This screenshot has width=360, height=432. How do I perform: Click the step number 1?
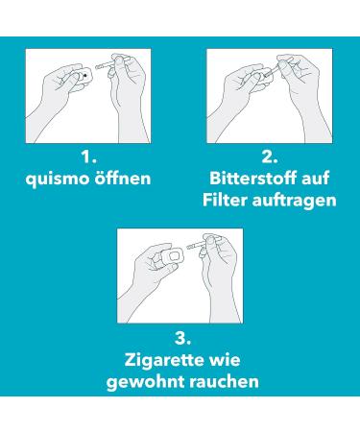(x=88, y=157)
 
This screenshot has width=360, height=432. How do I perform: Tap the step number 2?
(x=270, y=157)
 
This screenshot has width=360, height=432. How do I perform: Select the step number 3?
(x=182, y=338)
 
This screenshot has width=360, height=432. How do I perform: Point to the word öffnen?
(x=122, y=178)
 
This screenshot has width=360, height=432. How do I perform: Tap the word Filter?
(x=225, y=200)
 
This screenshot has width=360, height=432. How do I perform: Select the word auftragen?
(x=295, y=201)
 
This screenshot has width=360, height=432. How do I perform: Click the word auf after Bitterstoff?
(x=316, y=178)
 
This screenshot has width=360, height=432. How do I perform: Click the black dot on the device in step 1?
(x=85, y=75)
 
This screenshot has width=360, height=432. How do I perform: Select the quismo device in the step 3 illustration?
(x=175, y=255)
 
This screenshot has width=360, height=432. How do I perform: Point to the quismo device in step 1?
(x=84, y=78)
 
